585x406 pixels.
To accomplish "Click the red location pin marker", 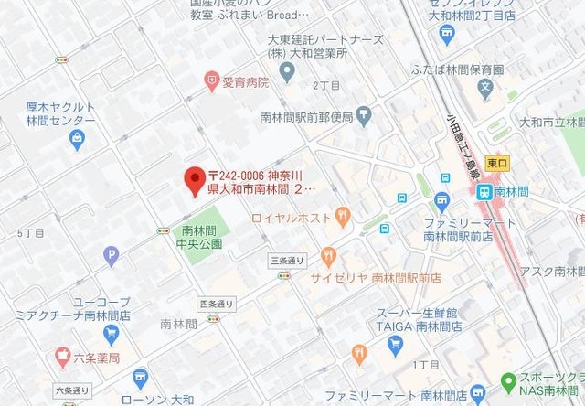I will tap(193, 180).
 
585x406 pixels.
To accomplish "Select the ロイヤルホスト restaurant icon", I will tap(342, 218).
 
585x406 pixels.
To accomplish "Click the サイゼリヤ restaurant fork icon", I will tap(327, 256).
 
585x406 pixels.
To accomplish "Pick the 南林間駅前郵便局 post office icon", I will tap(364, 116).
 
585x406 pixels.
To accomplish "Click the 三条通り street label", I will tap(286, 261).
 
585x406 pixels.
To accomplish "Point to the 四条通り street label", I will tap(216, 304).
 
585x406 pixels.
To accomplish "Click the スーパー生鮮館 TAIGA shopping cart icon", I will tap(395, 344).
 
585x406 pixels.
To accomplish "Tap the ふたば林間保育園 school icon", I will tap(485, 91).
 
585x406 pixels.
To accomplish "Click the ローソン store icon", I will tap(140, 378).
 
